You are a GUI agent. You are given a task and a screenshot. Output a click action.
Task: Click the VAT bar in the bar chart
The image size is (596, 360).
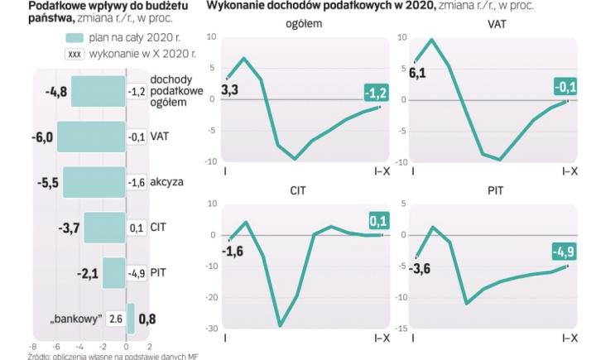(91, 137)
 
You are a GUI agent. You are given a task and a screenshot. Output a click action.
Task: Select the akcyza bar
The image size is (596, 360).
(94, 182)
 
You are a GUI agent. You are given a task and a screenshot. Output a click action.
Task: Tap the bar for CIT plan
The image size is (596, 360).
(104, 228)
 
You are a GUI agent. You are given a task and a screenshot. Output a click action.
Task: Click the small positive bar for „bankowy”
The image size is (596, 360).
(130, 318)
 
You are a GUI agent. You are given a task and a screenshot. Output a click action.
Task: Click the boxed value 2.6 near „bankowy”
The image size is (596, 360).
(115, 318)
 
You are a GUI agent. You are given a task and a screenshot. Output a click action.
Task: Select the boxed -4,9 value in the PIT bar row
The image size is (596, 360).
(137, 272)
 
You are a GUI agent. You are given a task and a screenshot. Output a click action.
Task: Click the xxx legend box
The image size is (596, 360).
(74, 53)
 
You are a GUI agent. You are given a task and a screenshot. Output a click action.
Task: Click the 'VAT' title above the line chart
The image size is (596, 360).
(497, 24)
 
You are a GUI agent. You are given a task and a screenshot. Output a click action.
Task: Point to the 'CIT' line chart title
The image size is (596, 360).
(299, 190)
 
